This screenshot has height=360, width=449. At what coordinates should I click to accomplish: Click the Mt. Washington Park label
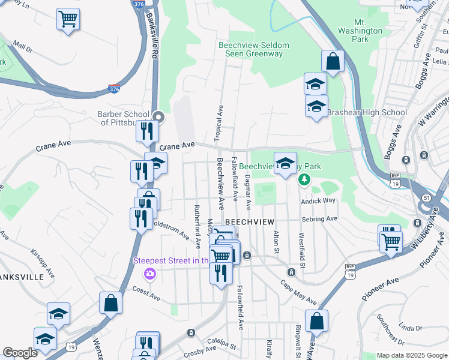coord(360,31)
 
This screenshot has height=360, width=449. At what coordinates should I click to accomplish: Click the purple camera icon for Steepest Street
coord(149,274)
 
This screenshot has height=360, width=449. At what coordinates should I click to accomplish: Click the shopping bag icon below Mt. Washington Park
coord(333,61)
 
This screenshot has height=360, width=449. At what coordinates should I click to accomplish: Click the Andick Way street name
coord(319,202)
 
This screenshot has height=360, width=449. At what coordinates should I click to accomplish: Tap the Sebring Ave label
coord(324,219)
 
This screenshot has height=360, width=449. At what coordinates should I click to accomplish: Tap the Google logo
coord(20,353)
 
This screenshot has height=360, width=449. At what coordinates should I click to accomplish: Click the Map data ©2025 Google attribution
coord(411,355)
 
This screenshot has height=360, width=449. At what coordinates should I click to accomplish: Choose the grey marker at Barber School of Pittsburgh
coord(158,116)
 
